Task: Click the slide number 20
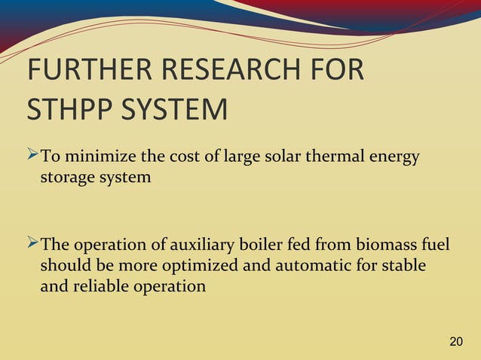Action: pyautogui.click(x=455, y=343)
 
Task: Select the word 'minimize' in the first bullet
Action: pyautogui.click(x=95, y=157)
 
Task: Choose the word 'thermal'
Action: pyautogui.click(x=325, y=157)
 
